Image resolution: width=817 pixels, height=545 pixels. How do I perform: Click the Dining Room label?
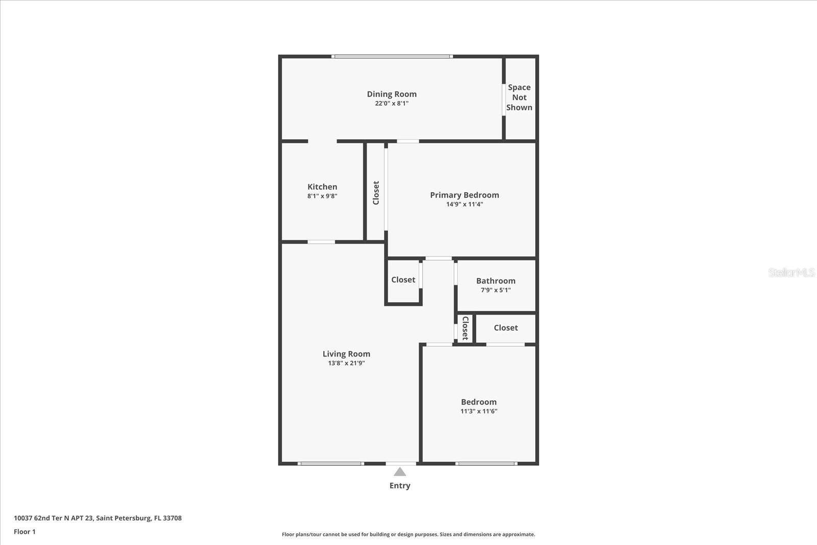pyautogui.click(x=392, y=94)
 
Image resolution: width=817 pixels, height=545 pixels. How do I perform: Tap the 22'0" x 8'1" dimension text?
pyautogui.click(x=392, y=103)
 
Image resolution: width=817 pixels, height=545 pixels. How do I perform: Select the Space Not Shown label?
pyautogui.click(x=519, y=98)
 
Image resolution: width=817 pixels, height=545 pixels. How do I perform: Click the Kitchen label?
pyautogui.click(x=322, y=187)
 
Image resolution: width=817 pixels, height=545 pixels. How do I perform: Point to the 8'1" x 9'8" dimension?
pyautogui.click(x=322, y=196)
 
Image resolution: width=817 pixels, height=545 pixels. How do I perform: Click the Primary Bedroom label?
pyautogui.click(x=464, y=195)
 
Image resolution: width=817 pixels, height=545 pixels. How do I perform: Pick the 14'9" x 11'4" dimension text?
pyautogui.click(x=464, y=204)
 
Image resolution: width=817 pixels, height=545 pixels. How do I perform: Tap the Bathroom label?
pyautogui.click(x=495, y=281)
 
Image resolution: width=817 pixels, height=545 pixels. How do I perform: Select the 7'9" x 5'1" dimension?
pyautogui.click(x=495, y=290)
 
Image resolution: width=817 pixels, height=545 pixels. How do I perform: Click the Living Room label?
pyautogui.click(x=346, y=354)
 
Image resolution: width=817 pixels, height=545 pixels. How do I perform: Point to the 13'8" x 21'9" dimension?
pyautogui.click(x=346, y=363)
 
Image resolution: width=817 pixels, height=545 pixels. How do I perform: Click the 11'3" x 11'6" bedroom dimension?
pyautogui.click(x=478, y=411)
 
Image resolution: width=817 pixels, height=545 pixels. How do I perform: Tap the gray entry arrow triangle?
pyautogui.click(x=400, y=472)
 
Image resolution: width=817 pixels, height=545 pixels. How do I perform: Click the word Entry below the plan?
pyautogui.click(x=400, y=486)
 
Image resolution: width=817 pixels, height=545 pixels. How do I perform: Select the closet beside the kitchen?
pyautogui.click(x=376, y=193)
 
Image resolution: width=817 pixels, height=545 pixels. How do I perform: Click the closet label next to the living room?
pyautogui.click(x=403, y=280)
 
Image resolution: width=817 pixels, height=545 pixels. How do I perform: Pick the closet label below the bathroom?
pyautogui.click(x=506, y=328)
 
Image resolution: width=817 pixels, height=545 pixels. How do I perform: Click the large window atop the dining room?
pyautogui.click(x=392, y=56)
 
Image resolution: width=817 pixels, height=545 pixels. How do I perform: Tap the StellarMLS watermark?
pyautogui.click(x=791, y=273)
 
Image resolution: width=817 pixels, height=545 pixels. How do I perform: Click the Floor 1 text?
pyautogui.click(x=25, y=532)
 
